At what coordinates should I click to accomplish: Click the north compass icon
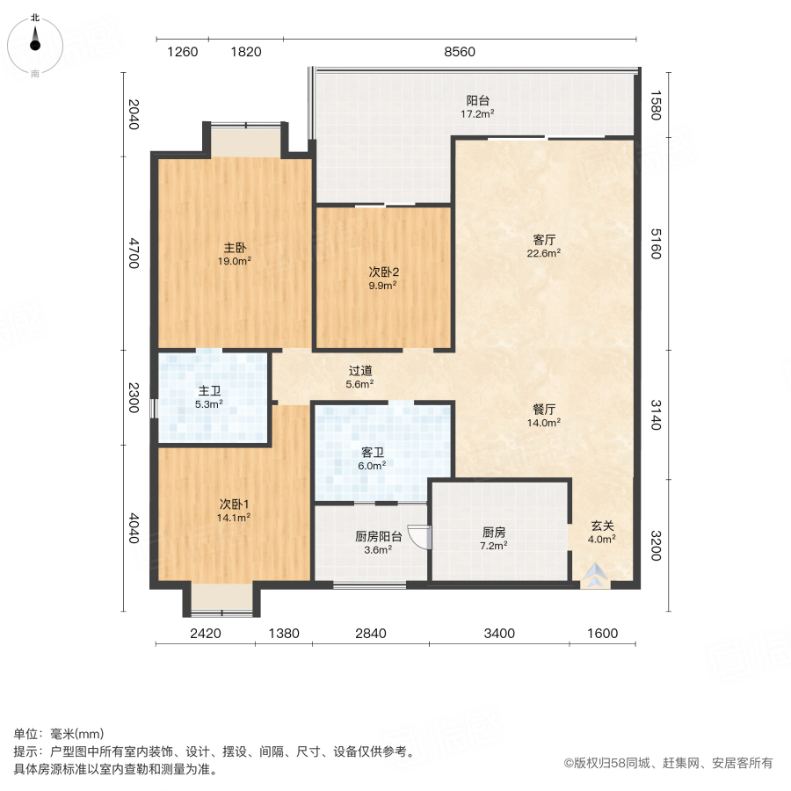[x=34, y=44]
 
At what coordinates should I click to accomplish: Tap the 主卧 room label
[x=235, y=248]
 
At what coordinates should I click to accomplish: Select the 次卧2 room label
[x=382, y=272]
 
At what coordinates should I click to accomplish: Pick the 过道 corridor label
[x=359, y=371]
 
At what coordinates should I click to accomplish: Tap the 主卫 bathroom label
[x=208, y=392]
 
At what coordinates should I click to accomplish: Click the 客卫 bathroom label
[x=373, y=453]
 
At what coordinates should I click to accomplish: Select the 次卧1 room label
[x=235, y=504]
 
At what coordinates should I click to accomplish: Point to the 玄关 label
[x=601, y=526]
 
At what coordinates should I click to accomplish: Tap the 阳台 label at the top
[x=478, y=100]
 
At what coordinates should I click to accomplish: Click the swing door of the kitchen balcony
[x=421, y=537]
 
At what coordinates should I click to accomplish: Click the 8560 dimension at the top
[x=459, y=52]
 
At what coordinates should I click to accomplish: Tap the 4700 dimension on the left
[x=134, y=253]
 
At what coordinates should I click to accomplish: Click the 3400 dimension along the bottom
[x=497, y=633]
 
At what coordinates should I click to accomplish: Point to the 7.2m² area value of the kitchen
[x=493, y=545]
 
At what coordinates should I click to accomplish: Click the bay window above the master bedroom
[x=244, y=140]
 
